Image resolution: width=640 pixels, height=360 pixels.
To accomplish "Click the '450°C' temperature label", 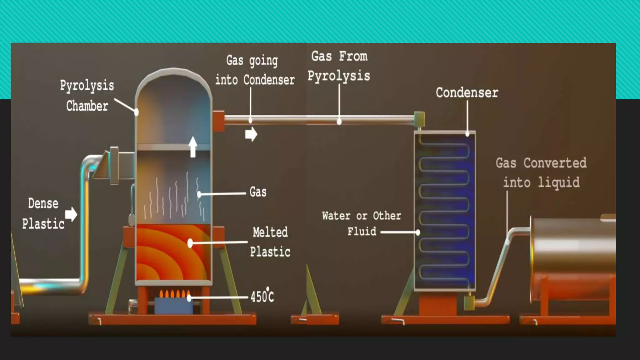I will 262,296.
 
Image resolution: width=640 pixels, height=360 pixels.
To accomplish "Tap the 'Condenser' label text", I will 467,93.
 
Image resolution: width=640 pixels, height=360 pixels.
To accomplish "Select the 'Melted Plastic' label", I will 270,242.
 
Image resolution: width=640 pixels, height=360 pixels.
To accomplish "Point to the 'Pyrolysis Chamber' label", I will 87,96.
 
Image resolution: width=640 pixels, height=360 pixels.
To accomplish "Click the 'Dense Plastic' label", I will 43,214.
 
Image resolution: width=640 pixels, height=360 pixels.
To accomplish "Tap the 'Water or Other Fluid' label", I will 362,223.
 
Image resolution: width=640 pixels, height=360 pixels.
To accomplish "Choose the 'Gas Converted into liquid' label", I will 541,172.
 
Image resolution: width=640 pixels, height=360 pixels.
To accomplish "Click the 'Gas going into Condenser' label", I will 255,70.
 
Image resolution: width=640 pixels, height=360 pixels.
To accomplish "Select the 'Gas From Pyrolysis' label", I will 339,66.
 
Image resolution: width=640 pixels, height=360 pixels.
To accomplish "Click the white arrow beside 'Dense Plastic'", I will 71,214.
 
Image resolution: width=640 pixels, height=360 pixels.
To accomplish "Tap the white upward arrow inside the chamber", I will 193,147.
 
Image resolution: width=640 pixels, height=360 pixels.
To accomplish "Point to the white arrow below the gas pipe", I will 251,134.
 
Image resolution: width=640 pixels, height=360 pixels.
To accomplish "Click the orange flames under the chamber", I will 174,294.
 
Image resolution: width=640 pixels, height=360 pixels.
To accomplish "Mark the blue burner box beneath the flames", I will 173,306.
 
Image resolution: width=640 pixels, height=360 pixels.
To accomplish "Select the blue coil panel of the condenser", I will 445,211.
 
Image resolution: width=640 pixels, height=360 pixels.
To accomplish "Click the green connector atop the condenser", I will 419,119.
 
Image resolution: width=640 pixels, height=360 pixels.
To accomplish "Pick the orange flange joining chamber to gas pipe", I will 218,121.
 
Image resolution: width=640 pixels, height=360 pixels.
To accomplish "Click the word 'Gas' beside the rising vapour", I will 258,192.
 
